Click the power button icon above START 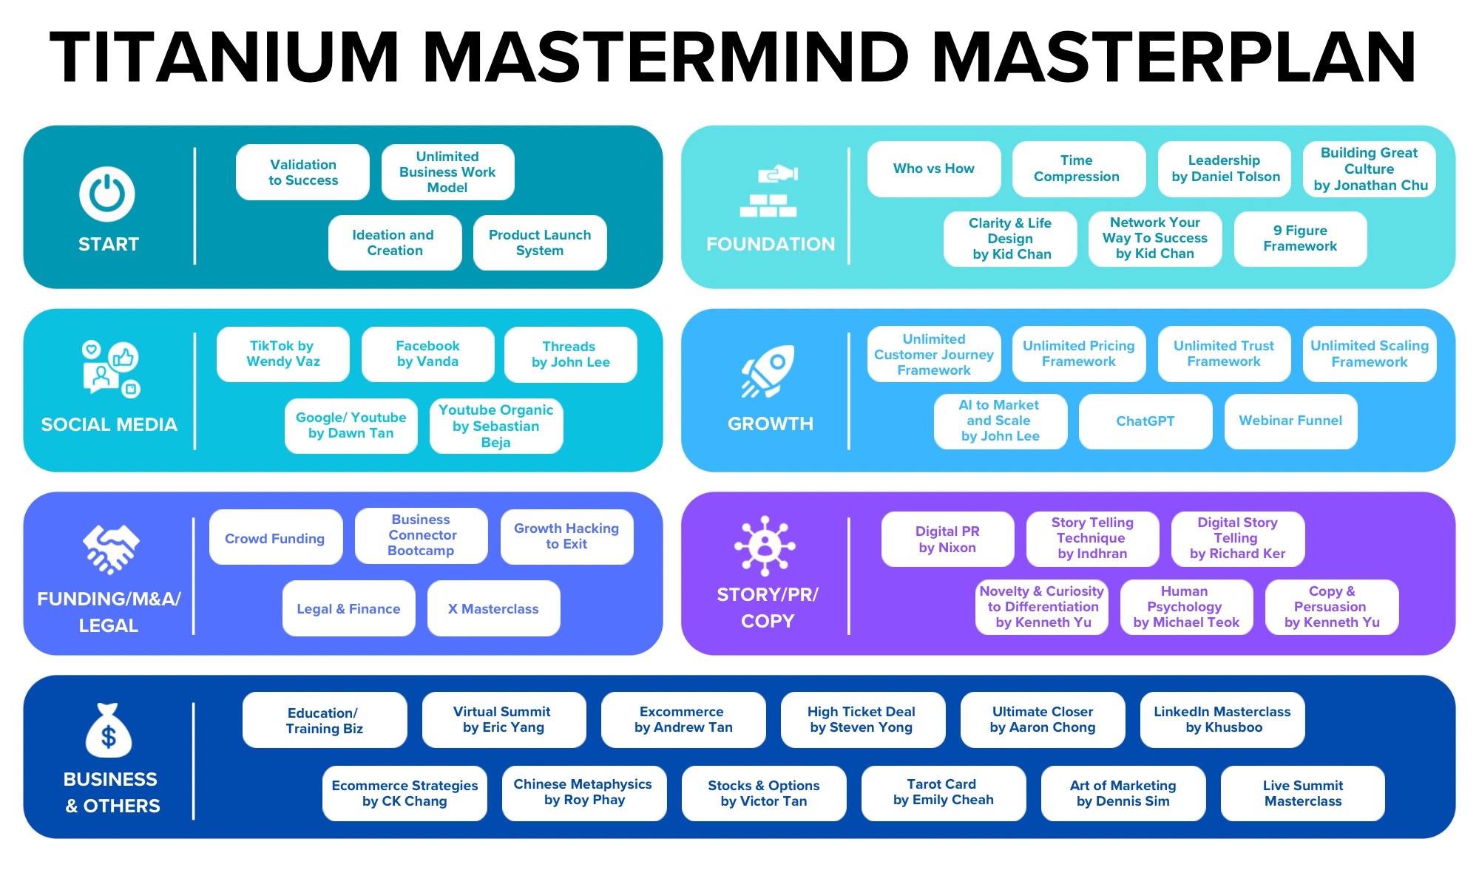107,194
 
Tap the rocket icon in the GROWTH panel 768,371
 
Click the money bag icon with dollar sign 109,731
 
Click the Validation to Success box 302,172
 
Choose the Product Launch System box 540,242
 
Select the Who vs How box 933,169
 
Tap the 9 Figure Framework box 1299,239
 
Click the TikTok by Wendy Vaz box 282,354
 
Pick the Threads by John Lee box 570,354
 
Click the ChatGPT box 1145,421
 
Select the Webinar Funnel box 1290,421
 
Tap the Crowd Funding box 275,538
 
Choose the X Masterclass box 493,608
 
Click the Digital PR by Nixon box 947,539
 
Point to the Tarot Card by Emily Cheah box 943,792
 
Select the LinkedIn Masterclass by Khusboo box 1222,719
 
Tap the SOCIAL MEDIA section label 109,424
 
